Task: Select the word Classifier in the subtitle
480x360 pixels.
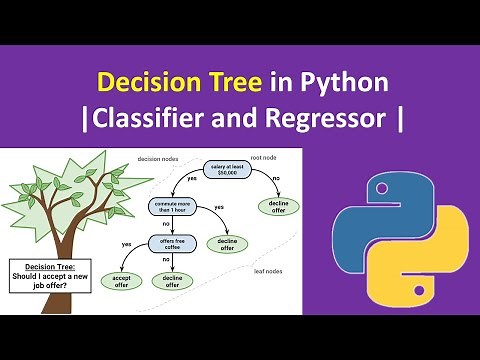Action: click(173, 119)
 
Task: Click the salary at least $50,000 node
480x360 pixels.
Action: click(228, 167)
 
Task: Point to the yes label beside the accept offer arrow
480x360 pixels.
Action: click(126, 244)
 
